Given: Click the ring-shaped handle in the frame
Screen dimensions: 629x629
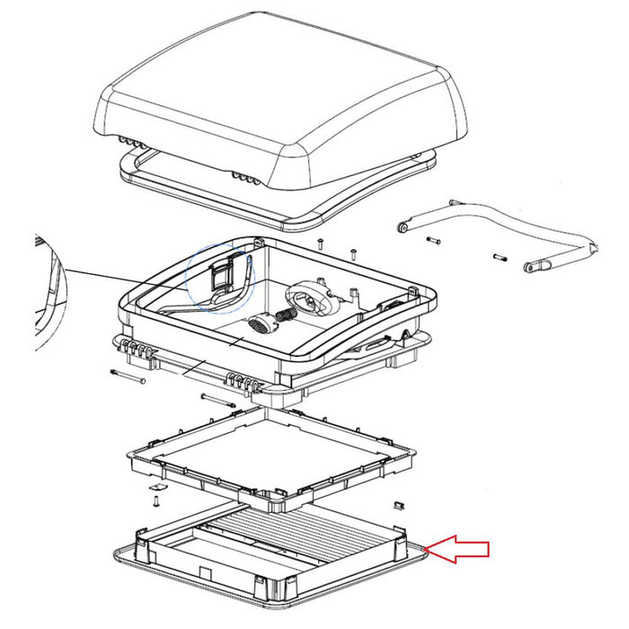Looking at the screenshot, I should tap(310, 300).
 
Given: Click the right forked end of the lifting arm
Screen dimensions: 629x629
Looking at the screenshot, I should tap(536, 266).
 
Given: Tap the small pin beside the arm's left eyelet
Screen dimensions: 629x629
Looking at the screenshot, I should tap(434, 240).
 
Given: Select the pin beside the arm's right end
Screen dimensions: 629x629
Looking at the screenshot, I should tap(500, 259).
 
